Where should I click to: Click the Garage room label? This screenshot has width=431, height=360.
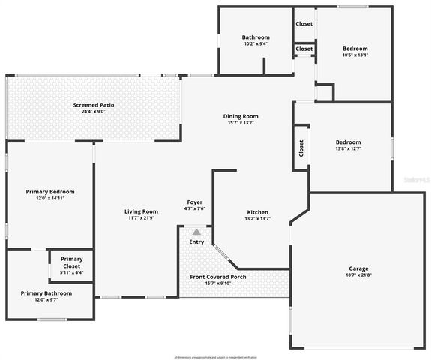click(358, 268)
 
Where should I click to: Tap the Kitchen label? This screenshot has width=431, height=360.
click(258, 212)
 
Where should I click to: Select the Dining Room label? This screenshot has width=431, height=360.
click(241, 116)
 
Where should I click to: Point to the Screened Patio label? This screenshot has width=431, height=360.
click(94, 104)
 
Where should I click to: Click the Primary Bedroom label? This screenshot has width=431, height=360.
click(50, 192)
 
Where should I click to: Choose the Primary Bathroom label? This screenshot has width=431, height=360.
click(46, 293)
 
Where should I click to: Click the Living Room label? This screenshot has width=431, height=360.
click(141, 211)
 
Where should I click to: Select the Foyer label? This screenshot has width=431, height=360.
click(195, 202)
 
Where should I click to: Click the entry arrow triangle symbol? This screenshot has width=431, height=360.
click(196, 232)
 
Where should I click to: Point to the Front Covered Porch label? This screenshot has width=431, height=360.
click(218, 277)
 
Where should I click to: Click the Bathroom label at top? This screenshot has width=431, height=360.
click(256, 37)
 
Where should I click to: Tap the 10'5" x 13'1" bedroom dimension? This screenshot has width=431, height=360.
click(355, 55)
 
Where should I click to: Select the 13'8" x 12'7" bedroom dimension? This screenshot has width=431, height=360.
click(348, 149)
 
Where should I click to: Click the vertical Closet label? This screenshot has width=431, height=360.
click(301, 148)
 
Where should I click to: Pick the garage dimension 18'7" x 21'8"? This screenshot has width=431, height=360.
click(358, 276)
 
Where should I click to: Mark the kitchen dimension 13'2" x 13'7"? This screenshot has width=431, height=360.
click(258, 220)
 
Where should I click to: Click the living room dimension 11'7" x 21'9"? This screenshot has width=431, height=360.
click(141, 219)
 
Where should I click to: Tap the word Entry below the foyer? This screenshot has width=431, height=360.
click(196, 241)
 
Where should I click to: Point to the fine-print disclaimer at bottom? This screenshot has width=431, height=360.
click(216, 355)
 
